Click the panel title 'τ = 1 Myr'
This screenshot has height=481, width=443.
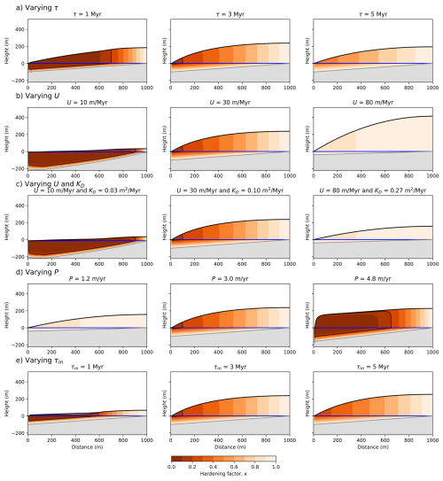coord(77,18)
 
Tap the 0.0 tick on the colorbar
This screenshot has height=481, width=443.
coord(171,467)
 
